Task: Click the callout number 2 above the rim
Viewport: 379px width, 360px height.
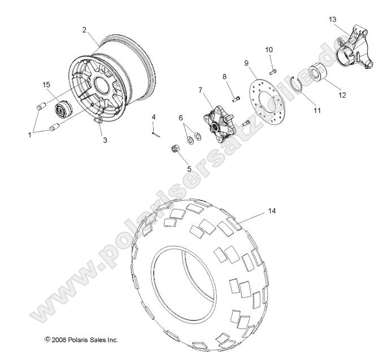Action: click(84, 30)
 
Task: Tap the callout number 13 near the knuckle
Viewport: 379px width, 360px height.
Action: click(333, 20)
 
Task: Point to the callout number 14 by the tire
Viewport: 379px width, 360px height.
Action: click(272, 211)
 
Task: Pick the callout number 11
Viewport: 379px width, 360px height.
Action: click(317, 111)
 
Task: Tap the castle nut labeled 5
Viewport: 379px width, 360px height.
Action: click(175, 150)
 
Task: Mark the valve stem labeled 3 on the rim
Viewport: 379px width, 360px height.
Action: click(96, 120)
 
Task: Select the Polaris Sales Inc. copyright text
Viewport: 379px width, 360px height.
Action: click(81, 340)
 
